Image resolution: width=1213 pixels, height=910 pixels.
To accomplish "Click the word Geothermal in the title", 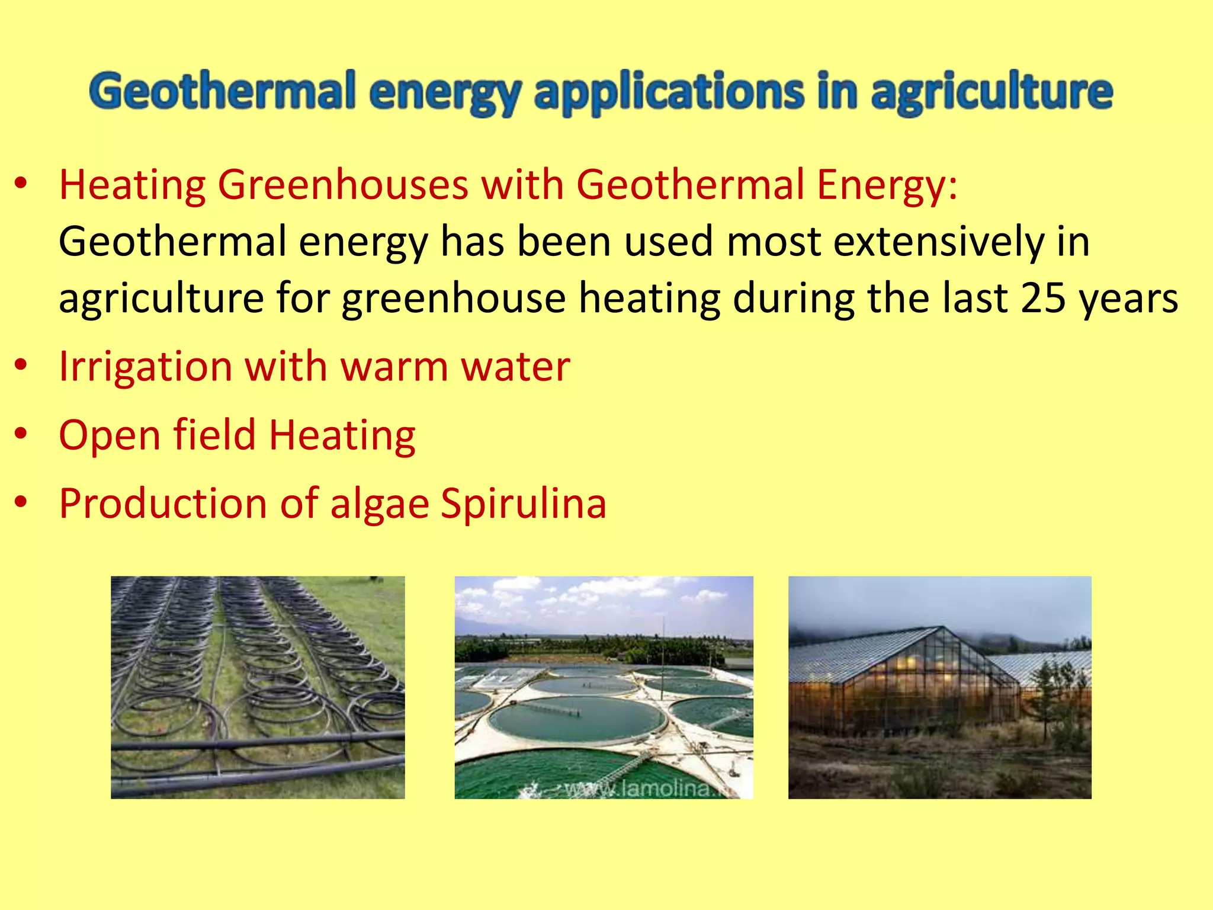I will point(223,92).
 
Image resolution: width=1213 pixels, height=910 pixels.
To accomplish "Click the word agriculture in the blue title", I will point(991,92).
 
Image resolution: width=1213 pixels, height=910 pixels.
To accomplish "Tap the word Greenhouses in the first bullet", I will point(343,185).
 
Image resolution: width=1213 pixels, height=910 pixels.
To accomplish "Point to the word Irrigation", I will point(145,367).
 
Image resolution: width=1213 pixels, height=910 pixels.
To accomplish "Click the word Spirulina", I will point(524,504).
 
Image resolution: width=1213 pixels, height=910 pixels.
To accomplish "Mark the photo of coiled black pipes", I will point(258,687).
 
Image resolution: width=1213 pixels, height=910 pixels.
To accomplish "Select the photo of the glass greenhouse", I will point(939,687).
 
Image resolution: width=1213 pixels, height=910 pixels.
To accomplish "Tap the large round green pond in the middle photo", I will point(577,718).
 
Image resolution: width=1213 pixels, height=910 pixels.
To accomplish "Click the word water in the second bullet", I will point(515,367).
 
